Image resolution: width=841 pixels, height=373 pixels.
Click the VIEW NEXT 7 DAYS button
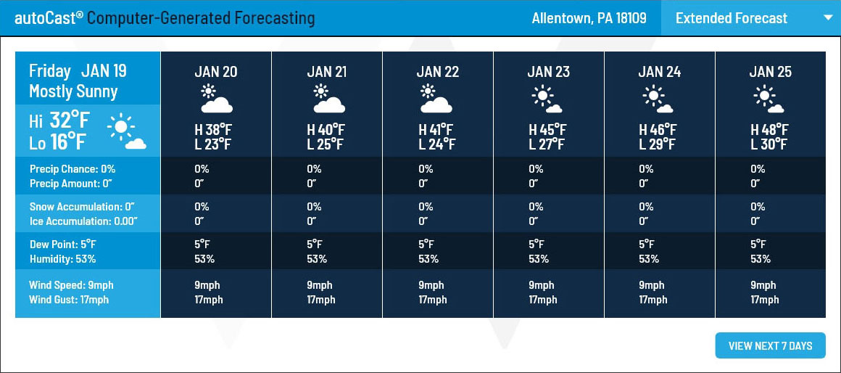[770, 345]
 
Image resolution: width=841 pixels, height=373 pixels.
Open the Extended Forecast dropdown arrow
[826, 17]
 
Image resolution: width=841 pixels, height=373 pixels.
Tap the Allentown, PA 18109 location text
[589, 18]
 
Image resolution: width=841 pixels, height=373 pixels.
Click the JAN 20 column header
[216, 72]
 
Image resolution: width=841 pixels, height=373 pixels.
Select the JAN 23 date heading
[549, 72]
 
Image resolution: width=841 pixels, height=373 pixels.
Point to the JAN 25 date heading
[771, 72]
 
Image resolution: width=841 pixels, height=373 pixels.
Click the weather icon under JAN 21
[328, 98]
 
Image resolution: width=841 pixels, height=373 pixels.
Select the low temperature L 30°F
[768, 144]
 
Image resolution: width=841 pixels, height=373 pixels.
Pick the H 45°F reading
[547, 130]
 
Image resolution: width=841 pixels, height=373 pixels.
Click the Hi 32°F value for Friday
[58, 121]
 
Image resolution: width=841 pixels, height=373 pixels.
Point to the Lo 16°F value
[58, 142]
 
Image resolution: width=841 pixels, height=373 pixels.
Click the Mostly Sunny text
[73, 91]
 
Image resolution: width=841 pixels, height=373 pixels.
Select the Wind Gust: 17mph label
[69, 300]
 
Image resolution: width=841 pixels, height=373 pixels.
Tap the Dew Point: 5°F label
[63, 245]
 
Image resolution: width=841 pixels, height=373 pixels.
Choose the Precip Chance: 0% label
[72, 170]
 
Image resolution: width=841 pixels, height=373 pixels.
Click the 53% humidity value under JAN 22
[428, 259]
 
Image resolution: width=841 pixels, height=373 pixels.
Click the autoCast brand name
[49, 18]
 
